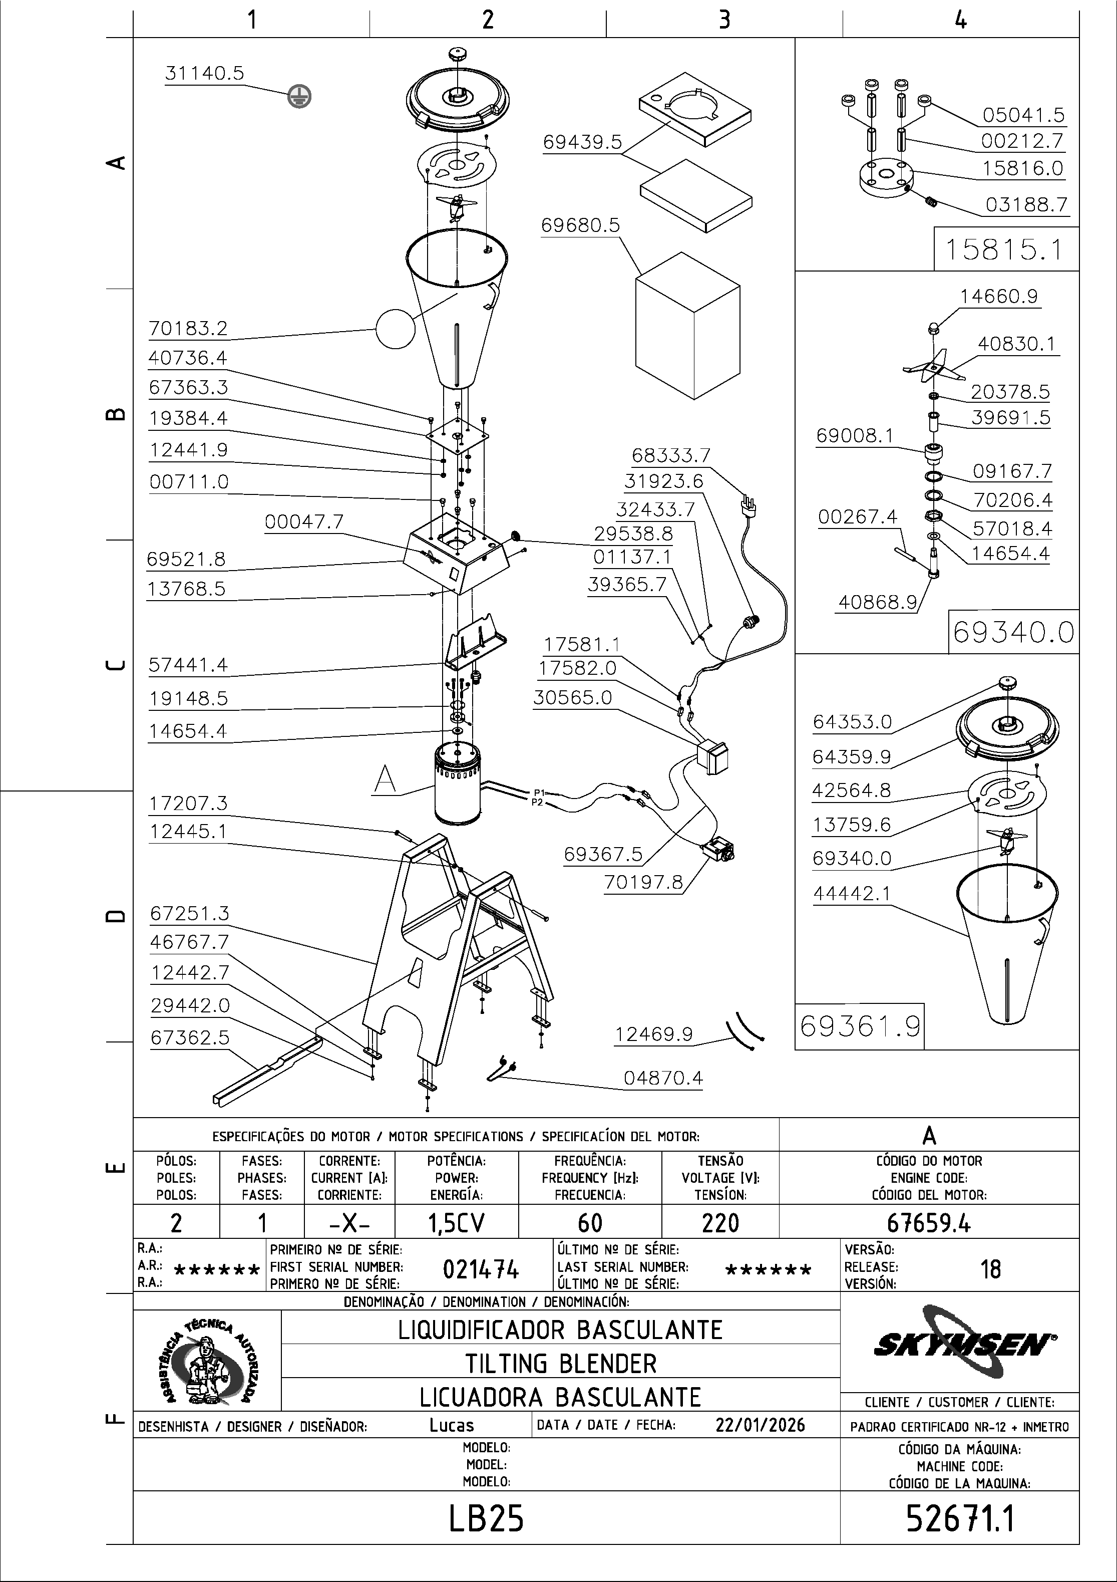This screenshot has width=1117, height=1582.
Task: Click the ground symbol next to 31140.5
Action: point(299,97)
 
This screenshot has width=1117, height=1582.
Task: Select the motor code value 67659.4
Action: point(928,1223)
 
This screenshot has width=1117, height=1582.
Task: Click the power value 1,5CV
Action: point(456,1223)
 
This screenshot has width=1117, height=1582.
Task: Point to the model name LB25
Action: point(486,1518)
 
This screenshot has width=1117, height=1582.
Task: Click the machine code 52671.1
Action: point(960,1518)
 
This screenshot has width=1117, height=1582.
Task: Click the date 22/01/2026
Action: point(761,1425)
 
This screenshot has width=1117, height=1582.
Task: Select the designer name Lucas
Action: point(452,1425)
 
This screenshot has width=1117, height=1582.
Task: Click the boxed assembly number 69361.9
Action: point(860,1026)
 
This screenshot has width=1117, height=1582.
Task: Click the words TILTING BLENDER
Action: point(561,1364)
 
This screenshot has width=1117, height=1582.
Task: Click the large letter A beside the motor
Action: point(385,780)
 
